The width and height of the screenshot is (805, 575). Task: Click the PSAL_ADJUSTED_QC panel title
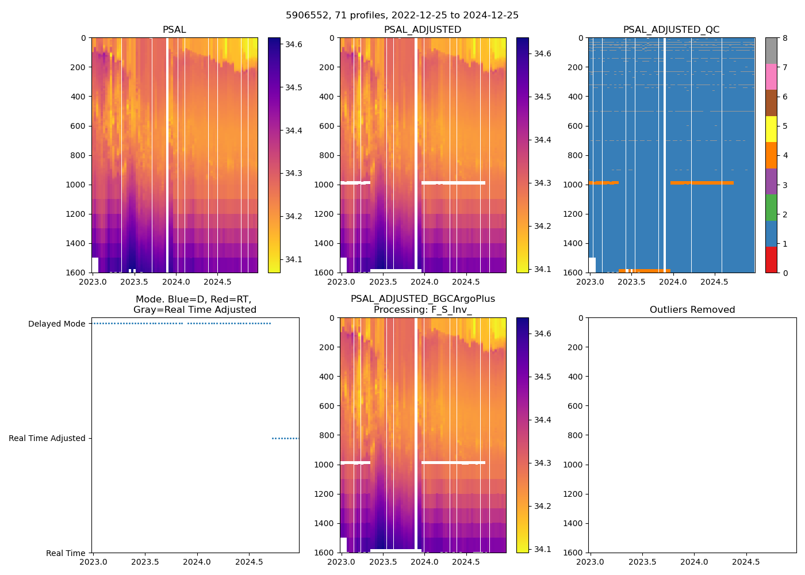[x=671, y=30]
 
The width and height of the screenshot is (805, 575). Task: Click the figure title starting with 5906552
[x=402, y=16]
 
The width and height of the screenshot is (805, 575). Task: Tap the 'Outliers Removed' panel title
[x=692, y=310]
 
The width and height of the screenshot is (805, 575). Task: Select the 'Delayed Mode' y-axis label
[x=57, y=324]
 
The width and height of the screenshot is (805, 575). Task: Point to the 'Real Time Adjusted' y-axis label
[x=47, y=438]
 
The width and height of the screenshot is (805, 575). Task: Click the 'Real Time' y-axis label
[x=66, y=553]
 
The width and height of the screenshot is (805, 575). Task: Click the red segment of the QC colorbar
[x=771, y=259]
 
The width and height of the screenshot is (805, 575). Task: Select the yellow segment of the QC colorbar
[x=771, y=129]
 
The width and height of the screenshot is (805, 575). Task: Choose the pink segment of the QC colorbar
[x=771, y=76]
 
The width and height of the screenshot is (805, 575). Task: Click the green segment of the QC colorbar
[x=771, y=207]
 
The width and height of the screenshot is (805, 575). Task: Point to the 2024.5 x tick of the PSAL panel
[x=217, y=282]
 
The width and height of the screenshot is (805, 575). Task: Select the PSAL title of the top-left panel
[x=174, y=30]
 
